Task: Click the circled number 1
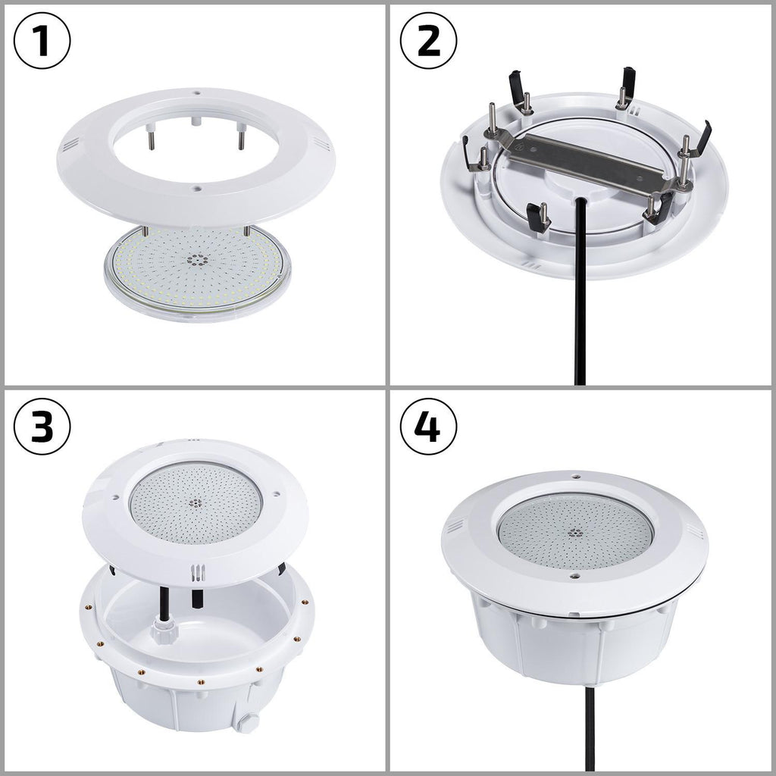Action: [x=42, y=42]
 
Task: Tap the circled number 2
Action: [x=429, y=42]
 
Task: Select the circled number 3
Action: [x=42, y=429]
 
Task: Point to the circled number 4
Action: [x=429, y=429]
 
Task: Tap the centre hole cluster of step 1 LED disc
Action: [x=199, y=260]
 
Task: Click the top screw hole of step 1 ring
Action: [x=196, y=95]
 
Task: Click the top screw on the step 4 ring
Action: [x=576, y=477]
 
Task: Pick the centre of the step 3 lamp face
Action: [x=196, y=502]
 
